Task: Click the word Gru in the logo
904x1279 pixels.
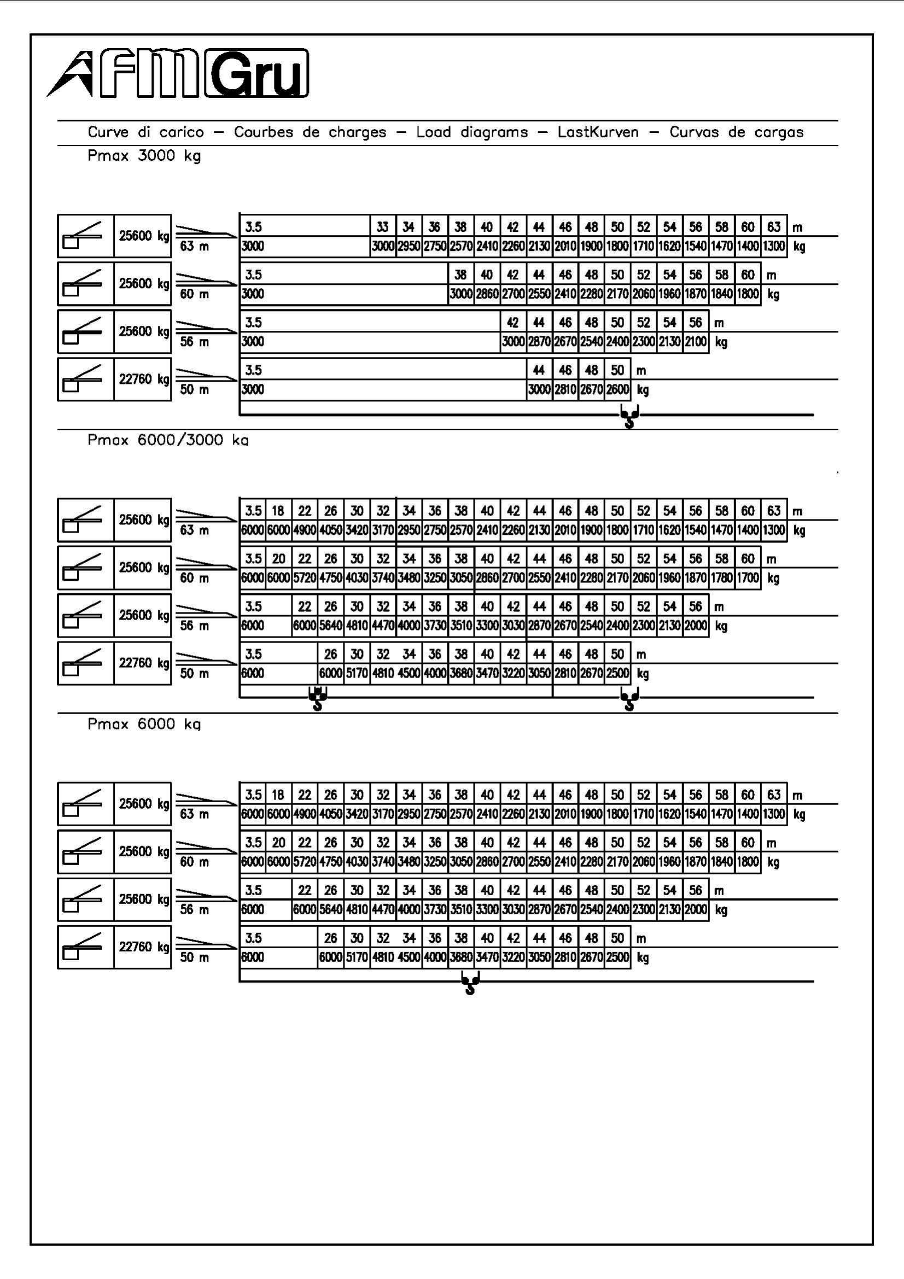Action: pyautogui.click(x=257, y=73)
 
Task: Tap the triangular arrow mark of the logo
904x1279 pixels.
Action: pyautogui.click(x=71, y=74)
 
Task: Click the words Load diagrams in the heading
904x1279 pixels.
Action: pyautogui.click(x=472, y=132)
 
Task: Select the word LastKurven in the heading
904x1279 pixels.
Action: pyautogui.click(x=598, y=132)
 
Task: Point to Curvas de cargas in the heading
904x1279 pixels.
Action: pyautogui.click(x=736, y=132)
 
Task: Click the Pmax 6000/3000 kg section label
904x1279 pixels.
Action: pyautogui.click(x=168, y=440)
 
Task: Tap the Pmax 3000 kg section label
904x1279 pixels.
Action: pyautogui.click(x=144, y=156)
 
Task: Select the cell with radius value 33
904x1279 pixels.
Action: pyautogui.click(x=383, y=227)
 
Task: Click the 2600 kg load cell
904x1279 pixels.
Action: pyautogui.click(x=617, y=389)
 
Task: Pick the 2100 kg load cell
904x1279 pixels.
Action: pyautogui.click(x=696, y=341)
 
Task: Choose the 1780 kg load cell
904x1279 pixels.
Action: pyautogui.click(x=722, y=577)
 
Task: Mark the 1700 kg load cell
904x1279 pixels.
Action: pyautogui.click(x=748, y=577)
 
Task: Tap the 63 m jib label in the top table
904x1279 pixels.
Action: pyautogui.click(x=194, y=246)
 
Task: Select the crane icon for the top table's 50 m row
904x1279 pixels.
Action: pyautogui.click(x=86, y=379)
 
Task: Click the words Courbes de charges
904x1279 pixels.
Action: pyautogui.click(x=310, y=132)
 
